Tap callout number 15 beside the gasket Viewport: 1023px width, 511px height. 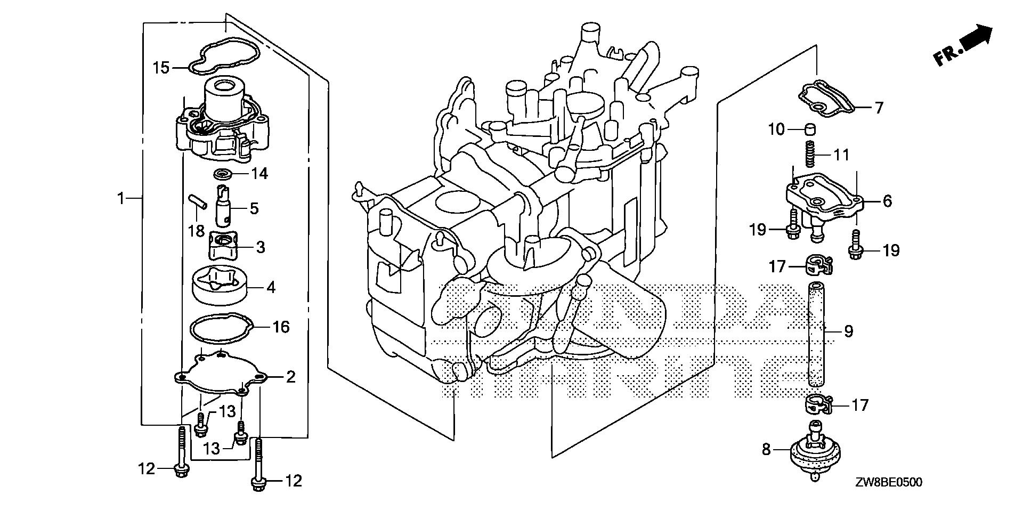(161, 68)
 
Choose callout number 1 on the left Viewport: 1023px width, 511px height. (120, 199)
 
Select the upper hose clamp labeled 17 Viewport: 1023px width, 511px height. (816, 262)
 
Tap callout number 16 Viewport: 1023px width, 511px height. (281, 326)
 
